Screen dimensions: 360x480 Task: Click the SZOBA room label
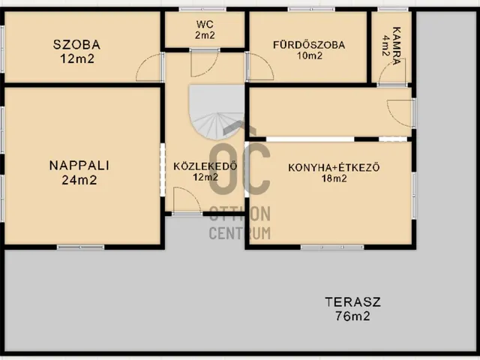click(76, 44)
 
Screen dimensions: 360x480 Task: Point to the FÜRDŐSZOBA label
click(309, 44)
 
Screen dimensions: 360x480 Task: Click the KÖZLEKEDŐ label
click(205, 166)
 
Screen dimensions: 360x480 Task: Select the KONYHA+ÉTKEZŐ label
click(334, 167)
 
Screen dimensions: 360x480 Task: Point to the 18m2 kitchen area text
click(334, 178)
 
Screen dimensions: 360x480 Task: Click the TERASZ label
click(352, 303)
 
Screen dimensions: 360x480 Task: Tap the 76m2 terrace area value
click(352, 316)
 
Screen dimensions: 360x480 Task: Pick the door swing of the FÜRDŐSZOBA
click(259, 68)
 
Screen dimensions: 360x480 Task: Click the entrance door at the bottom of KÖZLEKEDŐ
click(184, 201)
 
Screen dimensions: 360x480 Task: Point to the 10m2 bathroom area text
click(309, 56)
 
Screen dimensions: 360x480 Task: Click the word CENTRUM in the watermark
click(239, 232)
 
